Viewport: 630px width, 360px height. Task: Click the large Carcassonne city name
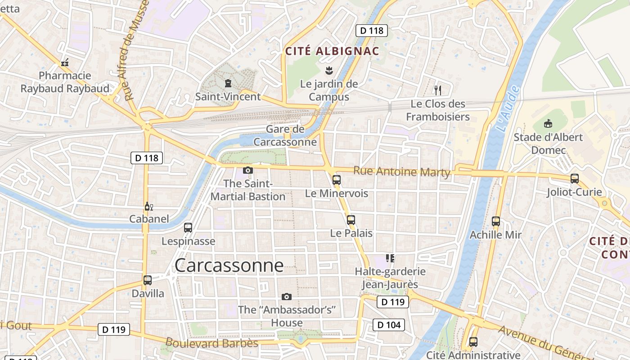pyautogui.click(x=229, y=265)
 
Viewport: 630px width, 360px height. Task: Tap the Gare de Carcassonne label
pyautogui.click(x=285, y=135)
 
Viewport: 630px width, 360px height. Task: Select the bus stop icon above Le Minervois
pyautogui.click(x=336, y=180)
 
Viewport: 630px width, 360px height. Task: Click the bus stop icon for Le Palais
pyautogui.click(x=351, y=220)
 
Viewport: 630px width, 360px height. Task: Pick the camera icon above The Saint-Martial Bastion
pyautogui.click(x=247, y=170)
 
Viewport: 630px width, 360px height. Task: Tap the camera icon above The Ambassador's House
pyautogui.click(x=286, y=297)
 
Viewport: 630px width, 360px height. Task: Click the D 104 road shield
pyautogui.click(x=389, y=324)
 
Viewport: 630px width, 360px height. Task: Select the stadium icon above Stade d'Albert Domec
pyautogui.click(x=548, y=123)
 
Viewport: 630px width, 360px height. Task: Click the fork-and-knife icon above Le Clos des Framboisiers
pyautogui.click(x=437, y=90)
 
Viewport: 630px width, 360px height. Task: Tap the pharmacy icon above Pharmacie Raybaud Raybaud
pyautogui.click(x=65, y=63)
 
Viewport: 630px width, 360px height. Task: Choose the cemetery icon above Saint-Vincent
pyautogui.click(x=228, y=83)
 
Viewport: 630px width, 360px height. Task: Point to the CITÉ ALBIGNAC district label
pyautogui.click(x=332, y=51)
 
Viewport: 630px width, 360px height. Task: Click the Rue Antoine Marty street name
pyautogui.click(x=401, y=171)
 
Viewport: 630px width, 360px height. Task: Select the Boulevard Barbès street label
pyautogui.click(x=211, y=343)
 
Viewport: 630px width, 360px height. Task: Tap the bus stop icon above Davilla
pyautogui.click(x=147, y=280)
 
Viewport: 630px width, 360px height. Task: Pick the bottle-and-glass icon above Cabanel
pyautogui.click(x=148, y=207)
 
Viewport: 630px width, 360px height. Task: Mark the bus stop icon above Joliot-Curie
pyautogui.click(x=574, y=179)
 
